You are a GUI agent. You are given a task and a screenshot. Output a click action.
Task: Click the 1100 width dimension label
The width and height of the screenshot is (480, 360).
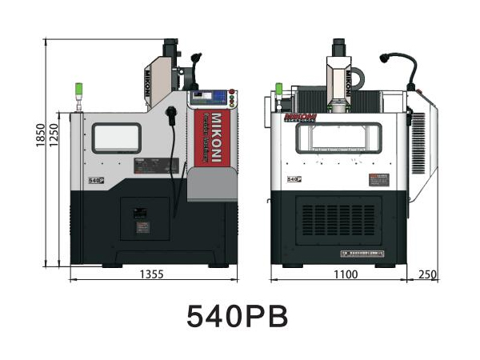click(x=346, y=274)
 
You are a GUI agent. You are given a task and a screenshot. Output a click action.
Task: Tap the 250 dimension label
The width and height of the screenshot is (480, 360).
click(x=427, y=274)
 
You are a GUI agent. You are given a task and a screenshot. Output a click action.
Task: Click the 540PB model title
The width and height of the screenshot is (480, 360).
click(x=238, y=316)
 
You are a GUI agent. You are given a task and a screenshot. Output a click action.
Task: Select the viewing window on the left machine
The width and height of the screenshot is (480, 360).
click(x=117, y=138)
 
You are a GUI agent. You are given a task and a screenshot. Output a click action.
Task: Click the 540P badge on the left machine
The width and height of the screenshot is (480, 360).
click(x=98, y=182)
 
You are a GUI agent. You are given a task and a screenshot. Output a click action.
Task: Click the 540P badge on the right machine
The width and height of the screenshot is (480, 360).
click(x=294, y=181)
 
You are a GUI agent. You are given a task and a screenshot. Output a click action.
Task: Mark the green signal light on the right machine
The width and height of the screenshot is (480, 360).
click(x=279, y=88)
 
